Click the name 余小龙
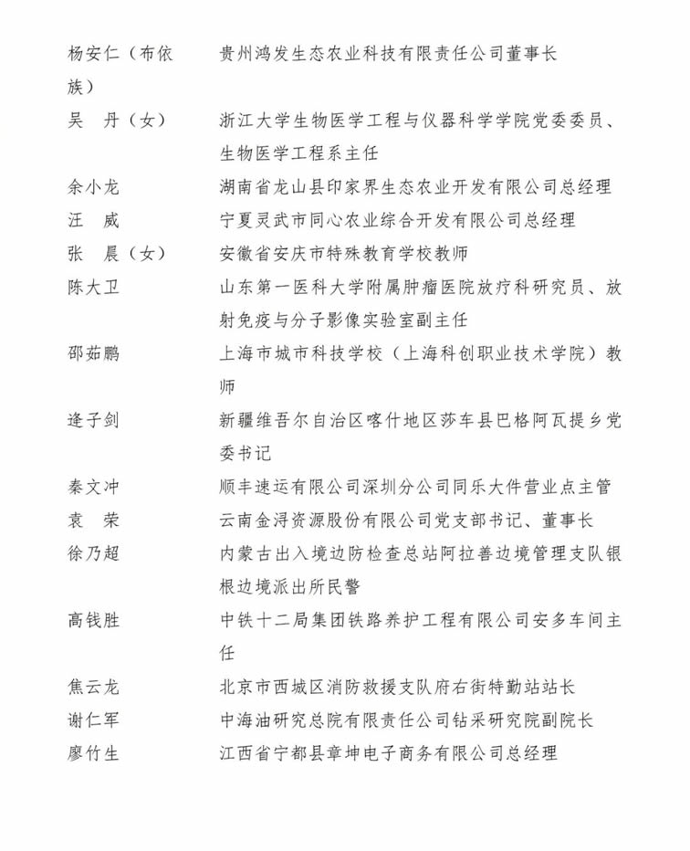click(x=93, y=187)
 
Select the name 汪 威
click(x=93, y=220)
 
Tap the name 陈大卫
click(x=93, y=287)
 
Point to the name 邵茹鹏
click(x=93, y=353)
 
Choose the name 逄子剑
click(x=93, y=420)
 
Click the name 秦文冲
click(x=93, y=487)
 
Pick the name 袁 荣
click(x=93, y=520)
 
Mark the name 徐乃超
click(x=93, y=553)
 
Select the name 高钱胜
click(x=93, y=620)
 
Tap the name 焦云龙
click(x=93, y=687)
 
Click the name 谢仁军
click(x=93, y=720)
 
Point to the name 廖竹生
click(x=93, y=753)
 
